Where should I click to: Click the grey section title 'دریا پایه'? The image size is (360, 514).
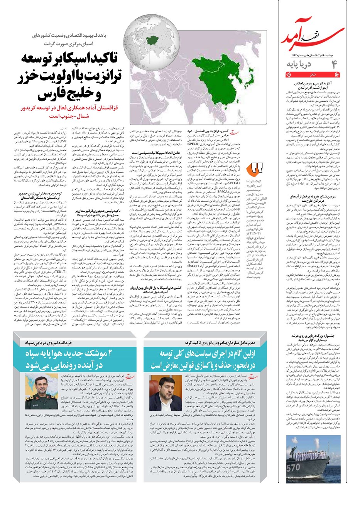(298, 64)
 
